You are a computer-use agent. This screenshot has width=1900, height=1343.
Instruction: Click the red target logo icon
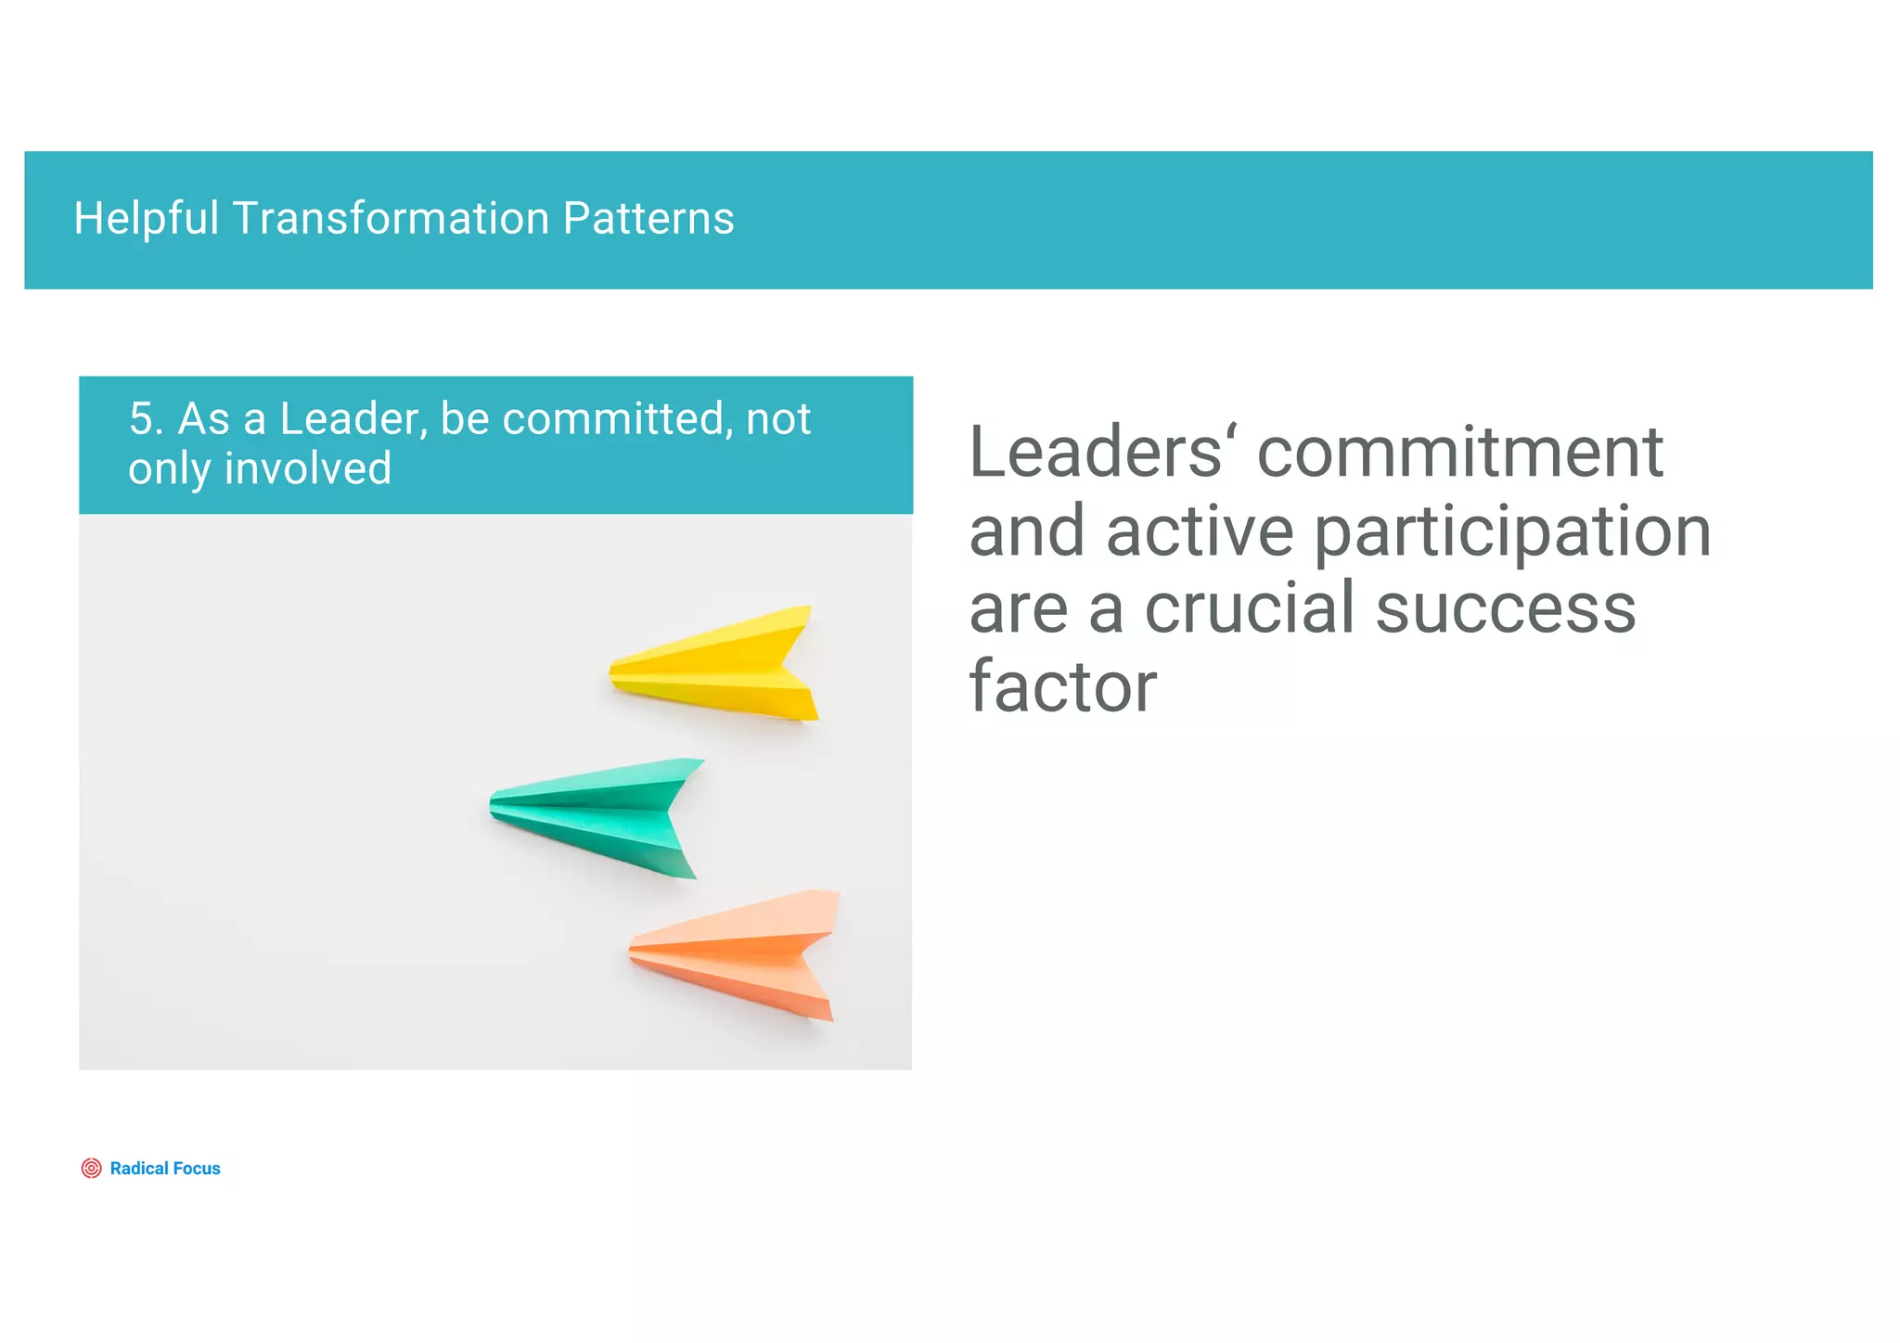(x=91, y=1168)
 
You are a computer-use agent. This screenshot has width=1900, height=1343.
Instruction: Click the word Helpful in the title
(x=147, y=219)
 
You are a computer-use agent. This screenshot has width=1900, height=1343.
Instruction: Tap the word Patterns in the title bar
(x=648, y=219)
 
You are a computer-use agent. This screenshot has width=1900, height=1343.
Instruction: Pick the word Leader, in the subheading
(x=353, y=419)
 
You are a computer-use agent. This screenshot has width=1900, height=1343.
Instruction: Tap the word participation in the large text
(x=1512, y=532)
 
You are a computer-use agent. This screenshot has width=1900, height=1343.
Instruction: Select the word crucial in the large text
(x=1252, y=608)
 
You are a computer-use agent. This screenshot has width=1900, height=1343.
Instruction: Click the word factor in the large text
(x=1063, y=686)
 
